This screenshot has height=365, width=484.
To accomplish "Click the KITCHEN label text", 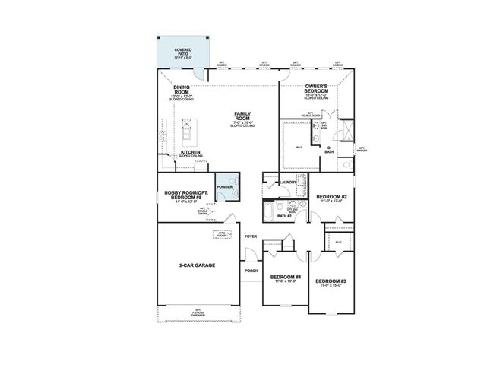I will (x=190, y=152).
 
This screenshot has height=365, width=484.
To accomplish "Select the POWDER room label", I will (x=224, y=186).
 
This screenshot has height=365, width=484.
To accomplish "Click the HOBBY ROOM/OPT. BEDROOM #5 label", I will (x=185, y=195).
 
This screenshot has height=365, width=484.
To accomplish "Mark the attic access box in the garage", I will (x=221, y=235).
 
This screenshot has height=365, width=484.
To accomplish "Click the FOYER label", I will (x=251, y=236).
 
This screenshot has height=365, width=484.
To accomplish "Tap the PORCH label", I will (x=251, y=271).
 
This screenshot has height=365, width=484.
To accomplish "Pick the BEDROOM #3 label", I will (x=332, y=282).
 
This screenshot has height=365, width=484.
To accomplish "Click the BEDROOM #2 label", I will (x=332, y=198).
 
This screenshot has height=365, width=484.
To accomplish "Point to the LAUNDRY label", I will (x=287, y=182).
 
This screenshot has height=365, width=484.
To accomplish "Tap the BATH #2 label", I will (x=284, y=216).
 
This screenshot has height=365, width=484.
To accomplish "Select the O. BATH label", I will (x=329, y=149).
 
